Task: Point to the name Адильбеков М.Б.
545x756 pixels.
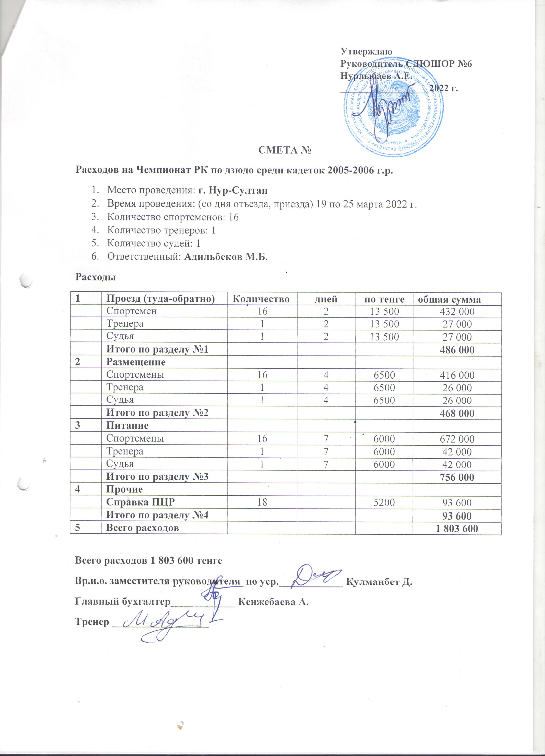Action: click(226, 257)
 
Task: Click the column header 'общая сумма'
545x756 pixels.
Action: click(449, 299)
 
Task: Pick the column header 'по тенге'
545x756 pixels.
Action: click(384, 299)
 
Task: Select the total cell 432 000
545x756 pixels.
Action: click(457, 311)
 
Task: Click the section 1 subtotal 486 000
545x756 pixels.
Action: click(457, 350)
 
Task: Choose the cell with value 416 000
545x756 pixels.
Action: click(457, 375)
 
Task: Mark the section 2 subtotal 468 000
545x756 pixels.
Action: click(457, 413)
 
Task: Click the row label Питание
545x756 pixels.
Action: click(127, 426)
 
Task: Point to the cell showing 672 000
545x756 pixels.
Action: click(457, 439)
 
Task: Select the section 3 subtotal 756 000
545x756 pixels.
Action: click(457, 477)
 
